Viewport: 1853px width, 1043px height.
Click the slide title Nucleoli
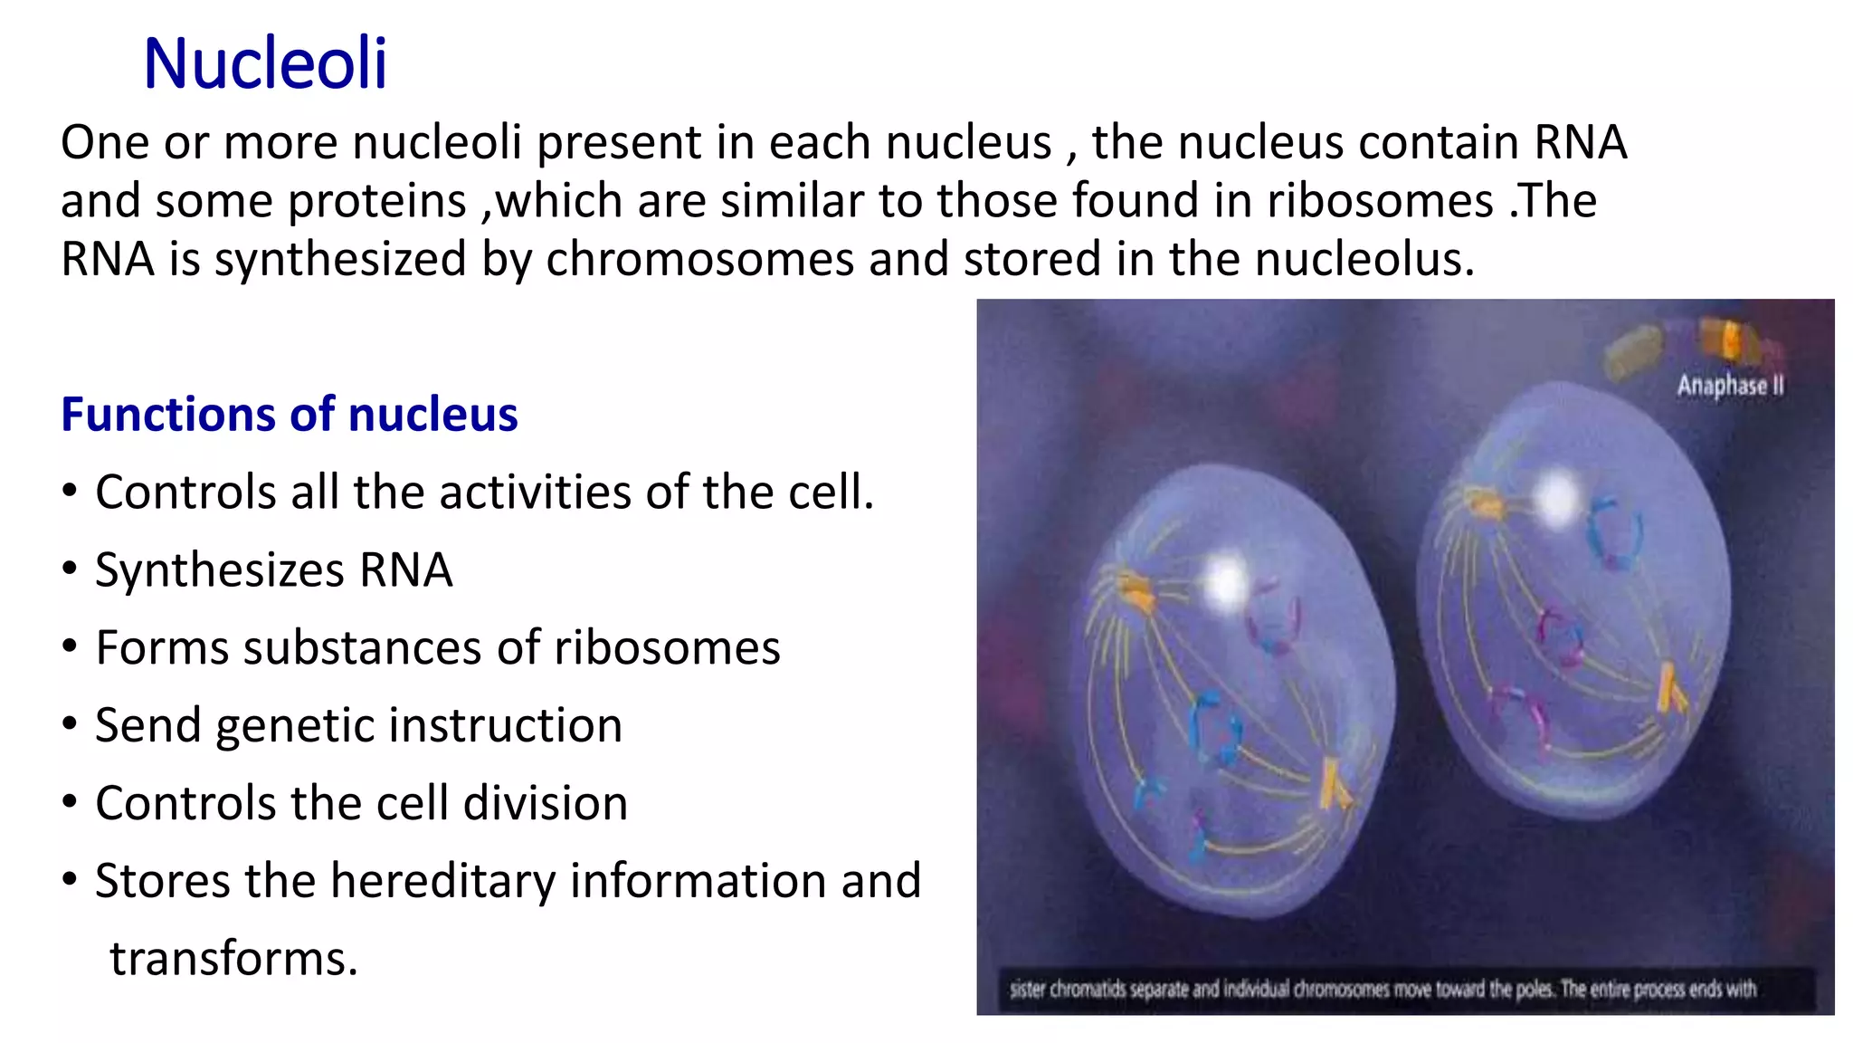(x=265, y=63)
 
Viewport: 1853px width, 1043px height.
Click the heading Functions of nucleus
(x=289, y=415)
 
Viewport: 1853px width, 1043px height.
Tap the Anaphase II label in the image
(x=1730, y=386)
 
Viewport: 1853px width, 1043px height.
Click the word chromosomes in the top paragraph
(x=699, y=260)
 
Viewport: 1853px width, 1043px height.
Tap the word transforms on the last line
(x=233, y=958)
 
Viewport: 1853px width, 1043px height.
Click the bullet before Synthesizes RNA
(x=70, y=569)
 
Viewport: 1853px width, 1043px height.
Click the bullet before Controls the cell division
(x=70, y=802)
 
